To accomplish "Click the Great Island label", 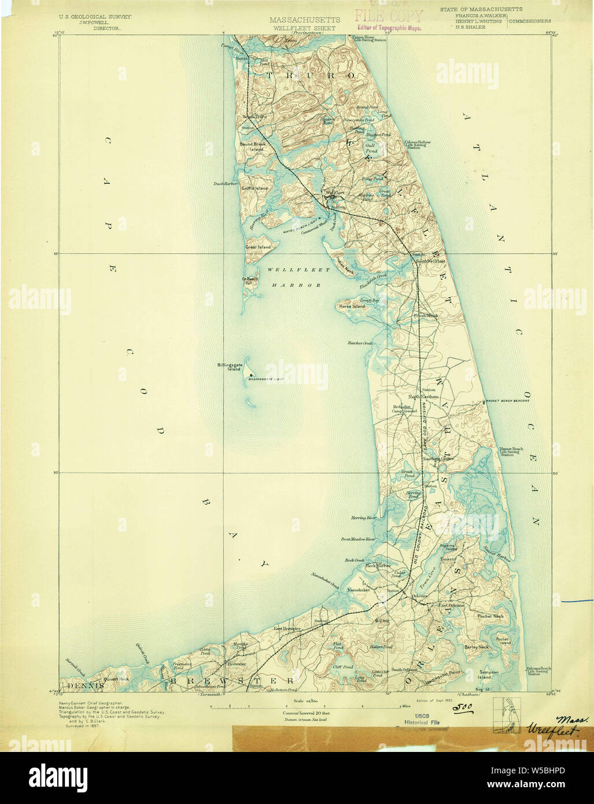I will [x=258, y=247].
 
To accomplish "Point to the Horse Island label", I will [x=352, y=306].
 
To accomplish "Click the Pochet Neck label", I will [x=491, y=616].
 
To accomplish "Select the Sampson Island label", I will [x=484, y=674].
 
